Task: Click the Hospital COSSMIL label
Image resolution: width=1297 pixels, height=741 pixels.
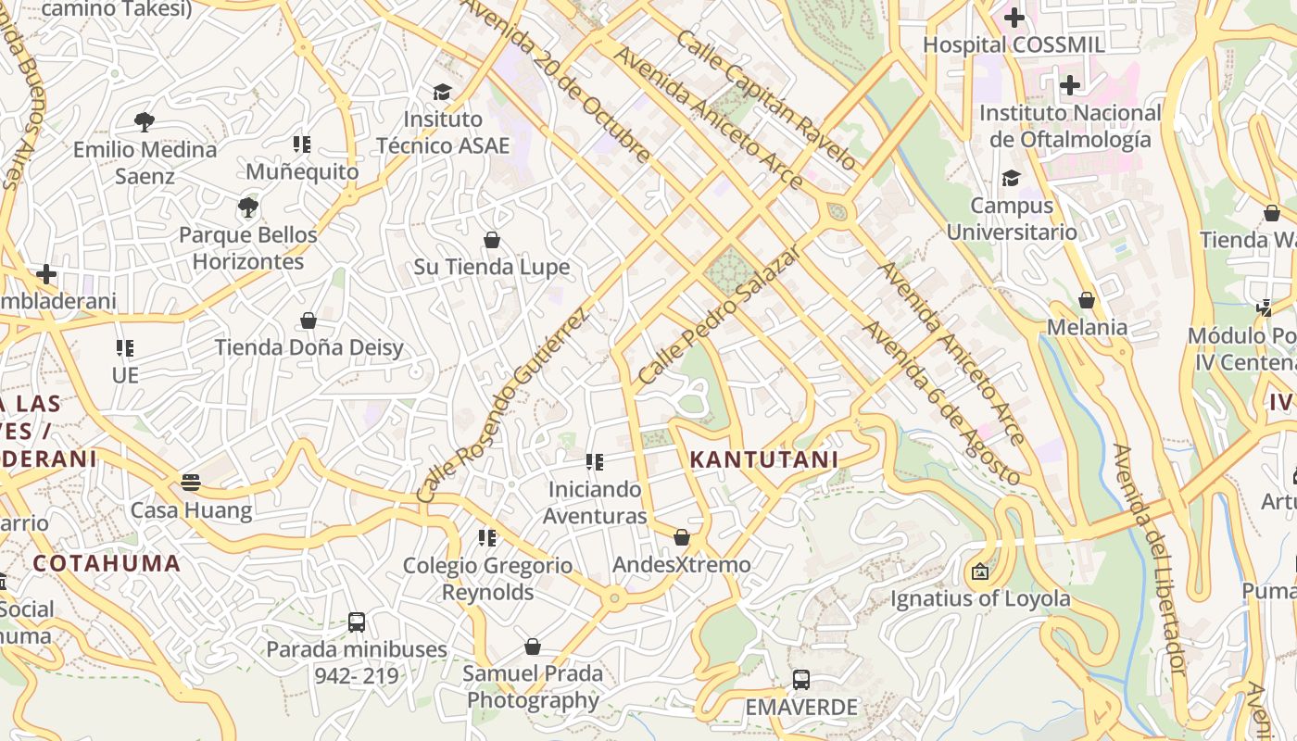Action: pos(1014,44)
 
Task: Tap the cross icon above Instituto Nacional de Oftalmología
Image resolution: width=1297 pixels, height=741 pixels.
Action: pos(1070,86)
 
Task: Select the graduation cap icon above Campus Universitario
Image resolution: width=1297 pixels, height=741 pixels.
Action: pos(1011,178)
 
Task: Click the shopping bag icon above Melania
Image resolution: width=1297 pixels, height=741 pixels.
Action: pos(1087,300)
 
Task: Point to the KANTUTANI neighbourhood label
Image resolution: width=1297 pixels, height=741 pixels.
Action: pos(763,459)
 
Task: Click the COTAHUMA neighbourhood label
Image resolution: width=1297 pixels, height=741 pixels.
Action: pos(107,563)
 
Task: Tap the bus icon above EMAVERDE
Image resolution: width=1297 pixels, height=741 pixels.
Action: pos(801,680)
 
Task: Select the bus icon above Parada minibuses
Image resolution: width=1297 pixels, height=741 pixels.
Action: pos(357,622)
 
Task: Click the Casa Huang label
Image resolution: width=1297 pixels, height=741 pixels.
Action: pos(191,510)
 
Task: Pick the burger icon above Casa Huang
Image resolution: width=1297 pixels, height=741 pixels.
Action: pos(191,482)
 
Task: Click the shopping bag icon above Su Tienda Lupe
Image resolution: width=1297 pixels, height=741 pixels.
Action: pos(492,240)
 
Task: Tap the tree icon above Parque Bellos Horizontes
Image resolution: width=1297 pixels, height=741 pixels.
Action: pos(247,207)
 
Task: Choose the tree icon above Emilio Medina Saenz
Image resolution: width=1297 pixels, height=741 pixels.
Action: pos(144,121)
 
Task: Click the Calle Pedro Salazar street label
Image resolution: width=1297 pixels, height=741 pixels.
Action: pos(718,317)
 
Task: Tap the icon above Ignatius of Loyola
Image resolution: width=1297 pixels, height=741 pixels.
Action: pos(979,571)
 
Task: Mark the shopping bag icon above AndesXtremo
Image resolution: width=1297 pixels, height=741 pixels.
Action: pos(682,537)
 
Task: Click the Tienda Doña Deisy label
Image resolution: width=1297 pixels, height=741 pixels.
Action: pos(309,347)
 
